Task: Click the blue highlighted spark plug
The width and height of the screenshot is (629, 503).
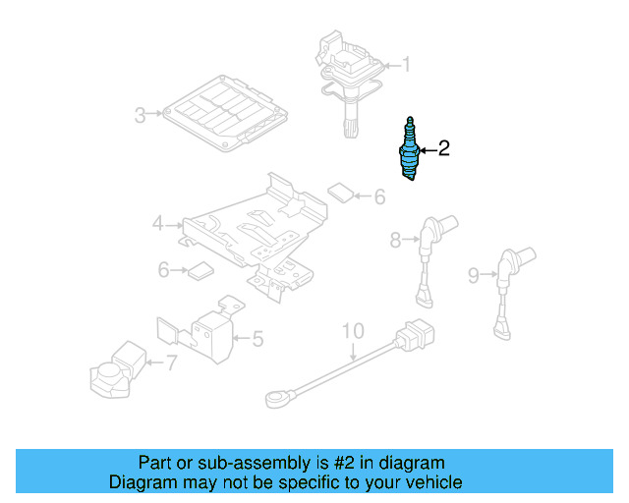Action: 410,150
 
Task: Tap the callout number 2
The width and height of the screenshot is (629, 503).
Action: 443,149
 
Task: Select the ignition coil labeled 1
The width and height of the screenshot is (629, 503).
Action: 347,79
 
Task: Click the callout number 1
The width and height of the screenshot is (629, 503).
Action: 406,66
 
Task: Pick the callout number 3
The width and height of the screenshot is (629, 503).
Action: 140,116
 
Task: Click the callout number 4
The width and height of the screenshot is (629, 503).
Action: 157,225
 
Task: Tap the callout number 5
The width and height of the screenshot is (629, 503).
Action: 257,340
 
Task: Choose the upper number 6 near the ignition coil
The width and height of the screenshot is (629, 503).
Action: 379,197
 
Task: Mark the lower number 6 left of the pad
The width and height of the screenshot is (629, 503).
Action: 164,268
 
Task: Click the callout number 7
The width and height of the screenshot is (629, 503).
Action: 171,363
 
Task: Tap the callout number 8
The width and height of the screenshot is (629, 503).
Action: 396,239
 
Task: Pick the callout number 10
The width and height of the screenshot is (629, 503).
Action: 353,330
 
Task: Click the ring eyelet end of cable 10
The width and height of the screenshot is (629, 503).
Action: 274,399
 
